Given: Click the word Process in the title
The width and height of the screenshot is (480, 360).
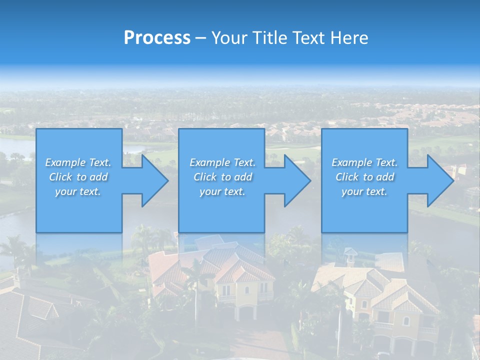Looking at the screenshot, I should pyautogui.click(x=157, y=38).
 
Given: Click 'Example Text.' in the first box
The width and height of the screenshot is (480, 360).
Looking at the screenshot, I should pyautogui.click(x=78, y=162).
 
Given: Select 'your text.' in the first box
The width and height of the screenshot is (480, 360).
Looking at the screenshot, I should pyautogui.click(x=78, y=191).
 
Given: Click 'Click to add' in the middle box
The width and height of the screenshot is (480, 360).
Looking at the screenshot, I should pyautogui.click(x=222, y=177).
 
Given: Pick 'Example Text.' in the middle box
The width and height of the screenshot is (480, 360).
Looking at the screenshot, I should pyautogui.click(x=222, y=162).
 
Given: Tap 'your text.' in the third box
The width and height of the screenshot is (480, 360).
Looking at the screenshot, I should pyautogui.click(x=364, y=191).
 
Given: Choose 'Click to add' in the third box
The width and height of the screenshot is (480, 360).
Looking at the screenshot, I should pyautogui.click(x=364, y=177).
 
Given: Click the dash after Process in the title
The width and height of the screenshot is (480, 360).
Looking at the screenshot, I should pyautogui.click(x=201, y=38).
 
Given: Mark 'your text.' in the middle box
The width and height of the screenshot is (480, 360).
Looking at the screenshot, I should pyautogui.click(x=222, y=191).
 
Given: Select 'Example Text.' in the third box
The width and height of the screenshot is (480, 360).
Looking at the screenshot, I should pyautogui.click(x=364, y=162).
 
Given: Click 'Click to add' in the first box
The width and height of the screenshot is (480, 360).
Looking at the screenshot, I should pyautogui.click(x=78, y=177).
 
